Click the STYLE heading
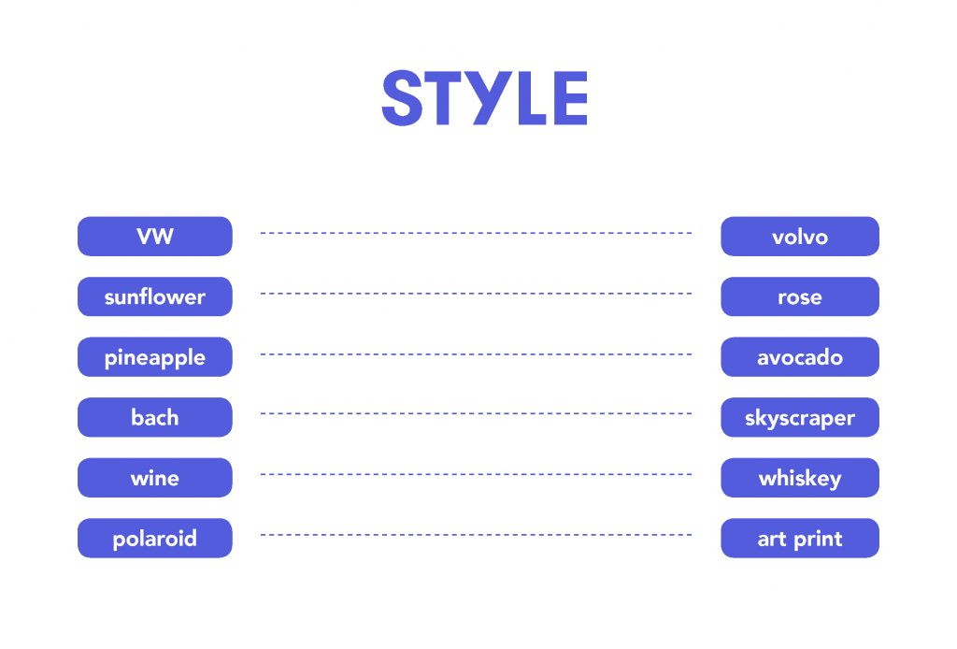click(x=485, y=97)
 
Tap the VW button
click(x=155, y=237)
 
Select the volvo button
click(x=800, y=237)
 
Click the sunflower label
click(x=155, y=297)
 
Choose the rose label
click(x=800, y=297)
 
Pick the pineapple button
click(x=155, y=357)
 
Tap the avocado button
click(x=800, y=357)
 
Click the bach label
click(x=155, y=418)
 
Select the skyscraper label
click(x=800, y=418)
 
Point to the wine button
click(x=155, y=478)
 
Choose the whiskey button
click(x=800, y=478)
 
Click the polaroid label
click(x=155, y=539)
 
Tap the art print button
click(x=800, y=539)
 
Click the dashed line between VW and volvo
click(x=476, y=233)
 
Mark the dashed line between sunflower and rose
click(x=476, y=294)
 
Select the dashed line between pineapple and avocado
click(x=476, y=354)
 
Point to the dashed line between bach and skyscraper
click(x=476, y=414)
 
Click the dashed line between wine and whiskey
click(x=476, y=474)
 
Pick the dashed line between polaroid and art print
click(x=476, y=535)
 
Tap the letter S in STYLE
click(x=402, y=97)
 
